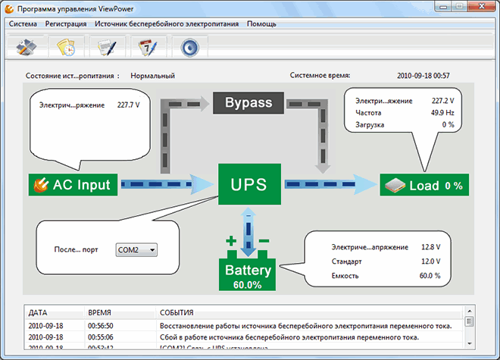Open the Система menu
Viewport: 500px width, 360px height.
pyautogui.click(x=23, y=23)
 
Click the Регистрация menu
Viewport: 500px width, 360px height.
pyautogui.click(x=66, y=23)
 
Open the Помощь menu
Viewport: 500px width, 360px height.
pyautogui.click(x=261, y=23)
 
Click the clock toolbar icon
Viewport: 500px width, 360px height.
pyautogui.click(x=66, y=47)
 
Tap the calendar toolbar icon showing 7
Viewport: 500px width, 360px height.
pyautogui.click(x=147, y=47)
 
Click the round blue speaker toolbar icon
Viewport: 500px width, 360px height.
pyautogui.click(x=189, y=47)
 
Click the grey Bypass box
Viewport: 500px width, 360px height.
pyautogui.click(x=248, y=102)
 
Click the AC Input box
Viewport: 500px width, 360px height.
pyautogui.click(x=73, y=184)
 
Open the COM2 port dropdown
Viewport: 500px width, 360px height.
pyautogui.click(x=136, y=249)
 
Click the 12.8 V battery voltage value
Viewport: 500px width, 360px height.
pyautogui.click(x=429, y=247)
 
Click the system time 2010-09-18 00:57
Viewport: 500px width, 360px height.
pyautogui.click(x=423, y=76)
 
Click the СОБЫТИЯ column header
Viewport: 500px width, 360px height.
pyautogui.click(x=177, y=312)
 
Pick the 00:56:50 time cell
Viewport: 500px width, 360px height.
pyautogui.click(x=102, y=325)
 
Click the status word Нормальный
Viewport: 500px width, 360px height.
pyautogui.click(x=152, y=76)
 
